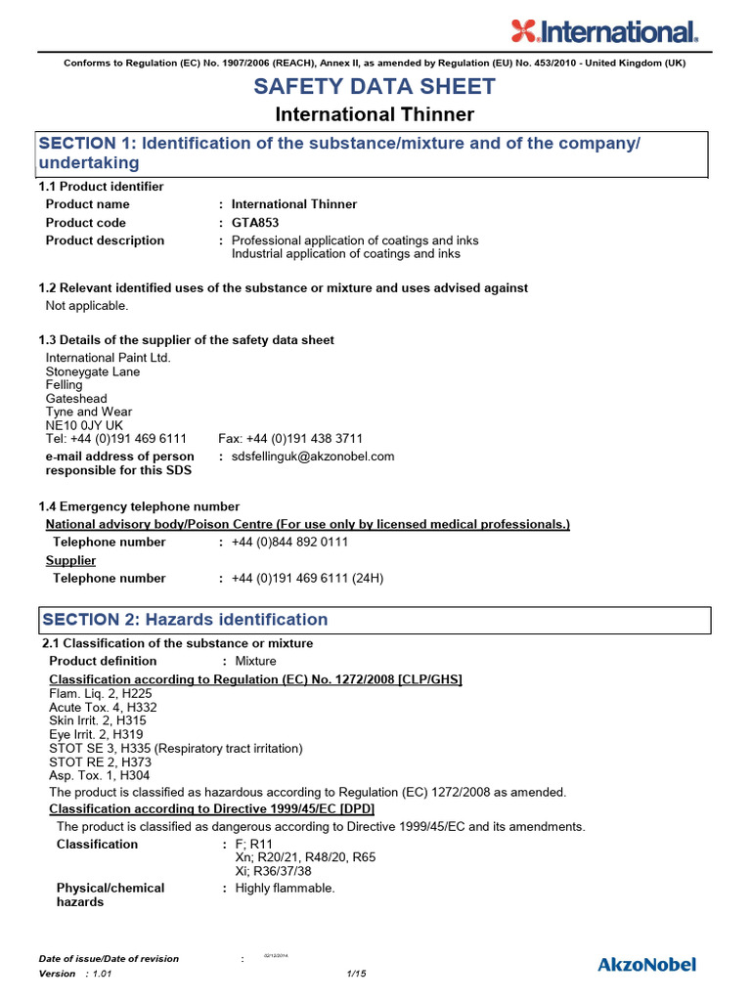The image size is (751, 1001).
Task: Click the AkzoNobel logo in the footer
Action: pos(646,965)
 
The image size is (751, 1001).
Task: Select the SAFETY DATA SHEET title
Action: pos(375,86)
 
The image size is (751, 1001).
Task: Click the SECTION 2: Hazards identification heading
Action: pos(184,620)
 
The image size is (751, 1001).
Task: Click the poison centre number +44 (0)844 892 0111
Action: pos(289,543)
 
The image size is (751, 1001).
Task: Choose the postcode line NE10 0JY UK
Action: pos(84,425)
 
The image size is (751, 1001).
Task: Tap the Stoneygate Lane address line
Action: pos(93,371)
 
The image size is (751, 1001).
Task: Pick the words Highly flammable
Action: pos(285,889)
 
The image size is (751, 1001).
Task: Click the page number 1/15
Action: pos(356,974)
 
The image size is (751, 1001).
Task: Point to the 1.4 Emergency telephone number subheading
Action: pos(139,506)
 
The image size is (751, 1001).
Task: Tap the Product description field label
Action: pos(106,240)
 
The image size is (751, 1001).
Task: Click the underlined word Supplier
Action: pos(71,560)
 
